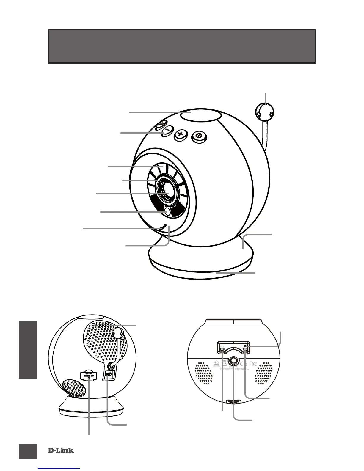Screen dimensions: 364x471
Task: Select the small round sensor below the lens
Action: tap(167, 212)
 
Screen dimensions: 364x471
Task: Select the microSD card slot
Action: tap(88, 376)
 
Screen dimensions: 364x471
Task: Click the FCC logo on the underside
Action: tap(252, 363)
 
